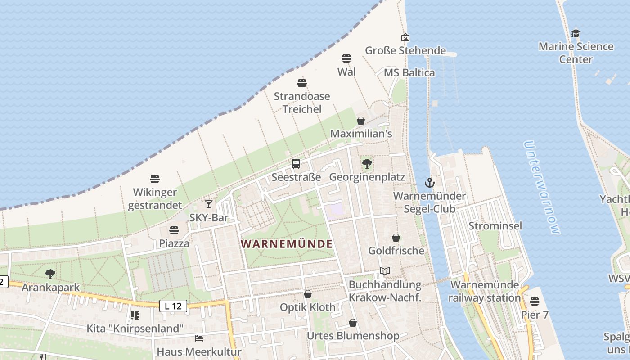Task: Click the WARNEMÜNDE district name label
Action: pyautogui.click(x=287, y=244)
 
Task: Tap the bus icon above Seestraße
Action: pyautogui.click(x=296, y=164)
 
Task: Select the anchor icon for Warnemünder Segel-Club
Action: pyautogui.click(x=430, y=183)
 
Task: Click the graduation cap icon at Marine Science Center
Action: pyautogui.click(x=576, y=33)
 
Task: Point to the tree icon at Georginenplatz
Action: pyautogui.click(x=367, y=164)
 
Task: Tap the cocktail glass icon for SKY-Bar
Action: pyautogui.click(x=209, y=204)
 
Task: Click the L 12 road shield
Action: pyautogui.click(x=173, y=306)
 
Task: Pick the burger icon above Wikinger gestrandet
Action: pyautogui.click(x=155, y=179)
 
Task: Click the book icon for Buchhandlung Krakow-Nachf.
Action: pyautogui.click(x=384, y=271)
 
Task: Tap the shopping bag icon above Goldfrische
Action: pyautogui.click(x=396, y=238)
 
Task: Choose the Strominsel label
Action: pyautogui.click(x=495, y=225)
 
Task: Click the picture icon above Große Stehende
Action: pyautogui.click(x=405, y=37)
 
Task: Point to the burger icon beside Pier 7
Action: pyautogui.click(x=535, y=301)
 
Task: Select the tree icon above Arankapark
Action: pyautogui.click(x=50, y=274)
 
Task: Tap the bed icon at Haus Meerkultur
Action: pyautogui.click(x=199, y=338)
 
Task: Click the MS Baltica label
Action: pyautogui.click(x=409, y=73)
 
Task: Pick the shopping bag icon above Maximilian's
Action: pyautogui.click(x=361, y=121)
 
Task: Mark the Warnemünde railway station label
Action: pyautogui.click(x=485, y=291)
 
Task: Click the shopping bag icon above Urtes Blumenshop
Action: pyautogui.click(x=353, y=323)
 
